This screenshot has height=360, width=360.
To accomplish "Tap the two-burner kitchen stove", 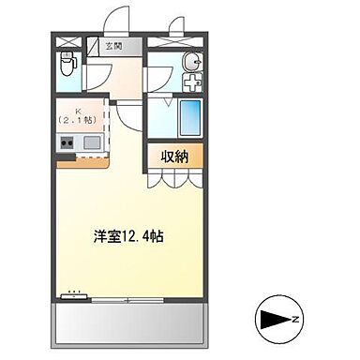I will click(67, 142).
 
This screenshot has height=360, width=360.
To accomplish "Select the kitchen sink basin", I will click(93, 142).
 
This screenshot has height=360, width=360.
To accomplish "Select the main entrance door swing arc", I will click(114, 19).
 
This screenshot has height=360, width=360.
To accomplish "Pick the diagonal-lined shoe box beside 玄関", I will click(95, 43).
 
